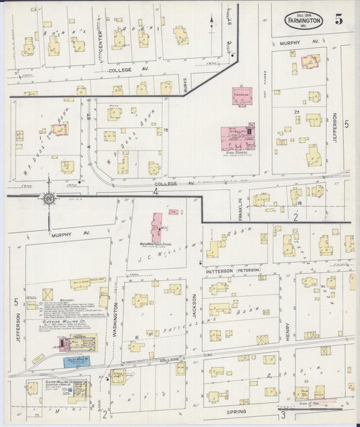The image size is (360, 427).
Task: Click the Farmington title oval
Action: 303,20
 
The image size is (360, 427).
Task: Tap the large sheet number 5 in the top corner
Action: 338,19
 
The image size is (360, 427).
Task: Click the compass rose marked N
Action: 49,199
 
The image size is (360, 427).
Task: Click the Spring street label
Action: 238,411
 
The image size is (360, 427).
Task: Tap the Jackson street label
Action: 194,306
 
